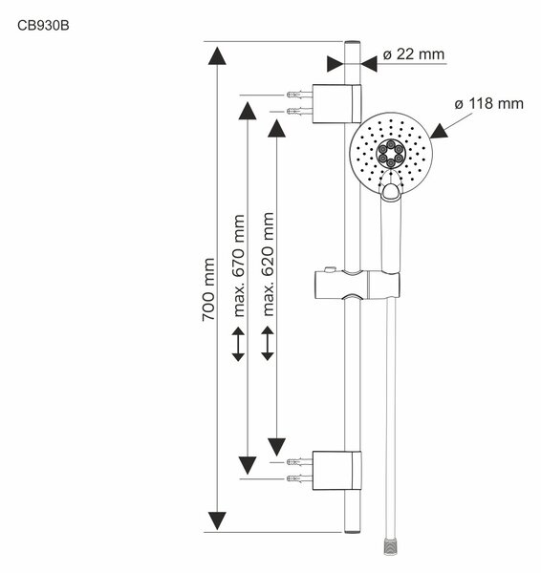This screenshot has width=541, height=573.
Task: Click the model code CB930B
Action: [x=43, y=26]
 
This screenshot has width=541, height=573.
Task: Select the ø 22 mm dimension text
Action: [x=414, y=54]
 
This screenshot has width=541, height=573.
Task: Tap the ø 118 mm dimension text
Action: [x=489, y=104]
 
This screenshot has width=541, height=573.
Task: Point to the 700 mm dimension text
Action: [x=208, y=289]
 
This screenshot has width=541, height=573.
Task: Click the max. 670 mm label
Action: [x=239, y=265]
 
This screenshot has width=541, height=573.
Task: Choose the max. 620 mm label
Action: [x=269, y=265]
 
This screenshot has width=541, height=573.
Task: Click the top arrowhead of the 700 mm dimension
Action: [x=217, y=56]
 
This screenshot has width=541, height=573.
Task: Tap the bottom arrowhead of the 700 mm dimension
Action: [x=217, y=520]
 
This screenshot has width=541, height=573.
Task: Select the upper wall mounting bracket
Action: [x=336, y=104]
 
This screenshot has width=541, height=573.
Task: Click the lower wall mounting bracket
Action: [x=336, y=471]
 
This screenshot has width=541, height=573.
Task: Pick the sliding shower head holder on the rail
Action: [x=357, y=285]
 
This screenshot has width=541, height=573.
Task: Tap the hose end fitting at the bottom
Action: [x=391, y=545]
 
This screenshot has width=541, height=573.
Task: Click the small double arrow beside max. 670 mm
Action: [x=238, y=344]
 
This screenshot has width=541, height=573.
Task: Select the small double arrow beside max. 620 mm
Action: [x=268, y=344]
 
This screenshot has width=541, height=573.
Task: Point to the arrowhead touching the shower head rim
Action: [x=440, y=132]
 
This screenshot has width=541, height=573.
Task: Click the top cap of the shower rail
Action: [x=353, y=43]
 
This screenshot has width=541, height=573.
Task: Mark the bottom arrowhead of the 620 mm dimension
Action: [x=276, y=447]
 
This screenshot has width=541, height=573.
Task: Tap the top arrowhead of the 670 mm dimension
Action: [x=248, y=111]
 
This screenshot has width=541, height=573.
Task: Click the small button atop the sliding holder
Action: [x=330, y=269]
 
